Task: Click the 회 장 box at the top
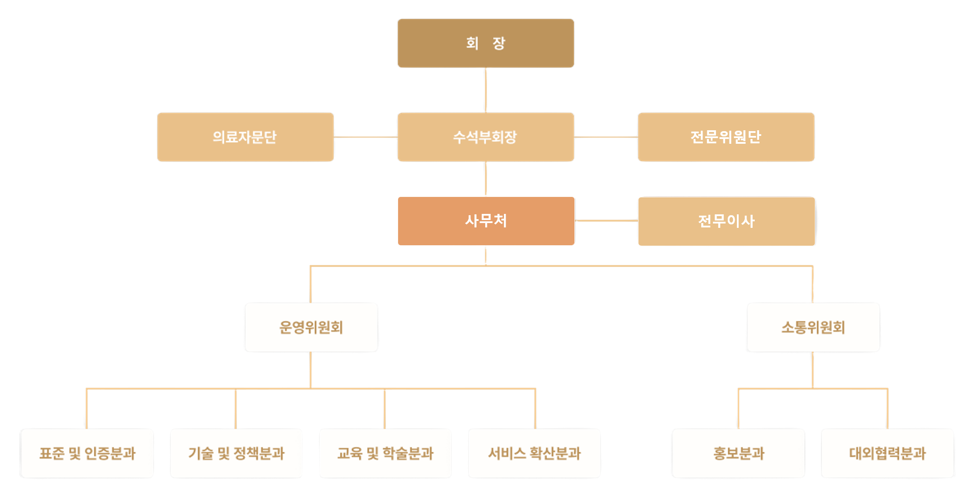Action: [486, 43]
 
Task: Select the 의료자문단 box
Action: [246, 137]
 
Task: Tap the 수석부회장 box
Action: [486, 137]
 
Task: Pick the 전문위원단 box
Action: [726, 137]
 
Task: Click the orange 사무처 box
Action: [486, 221]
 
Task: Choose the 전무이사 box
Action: [726, 221]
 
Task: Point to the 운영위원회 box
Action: [311, 327]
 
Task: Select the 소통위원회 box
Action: [813, 327]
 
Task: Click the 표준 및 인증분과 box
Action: [87, 454]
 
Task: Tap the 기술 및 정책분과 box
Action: [236, 454]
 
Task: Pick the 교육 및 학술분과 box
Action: [385, 454]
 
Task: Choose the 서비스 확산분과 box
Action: [535, 454]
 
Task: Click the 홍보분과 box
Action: [739, 454]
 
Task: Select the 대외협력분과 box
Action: [888, 454]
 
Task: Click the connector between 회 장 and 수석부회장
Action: [486, 90]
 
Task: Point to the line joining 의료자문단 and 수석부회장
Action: [366, 137]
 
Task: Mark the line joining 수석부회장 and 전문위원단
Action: [606, 137]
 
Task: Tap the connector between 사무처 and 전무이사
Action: [606, 221]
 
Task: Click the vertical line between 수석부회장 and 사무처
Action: [486, 179]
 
